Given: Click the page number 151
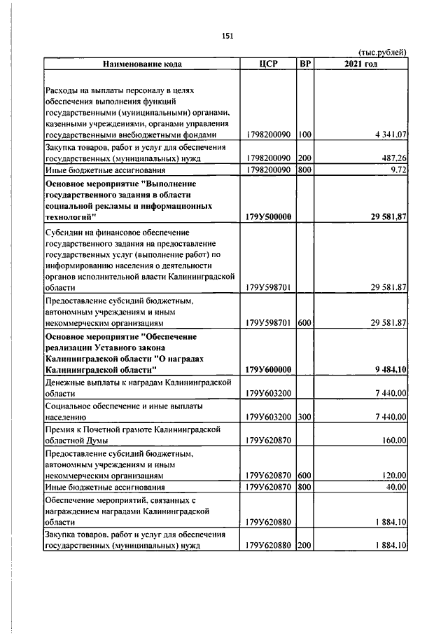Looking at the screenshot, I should click(x=227, y=37).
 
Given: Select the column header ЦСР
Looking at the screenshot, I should click(x=268, y=64).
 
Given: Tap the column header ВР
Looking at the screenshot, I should click(x=304, y=64).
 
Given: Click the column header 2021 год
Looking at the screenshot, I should click(x=361, y=64).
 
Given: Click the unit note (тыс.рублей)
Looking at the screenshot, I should click(x=382, y=53).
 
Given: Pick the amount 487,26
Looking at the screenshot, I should click(x=392, y=158).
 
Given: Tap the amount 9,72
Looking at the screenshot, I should click(x=399, y=170).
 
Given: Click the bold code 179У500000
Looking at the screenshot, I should click(x=269, y=216).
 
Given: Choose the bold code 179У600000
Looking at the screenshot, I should click(x=269, y=369).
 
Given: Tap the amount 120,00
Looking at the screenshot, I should click(x=393, y=475).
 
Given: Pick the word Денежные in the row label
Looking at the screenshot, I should click(x=66, y=381).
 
